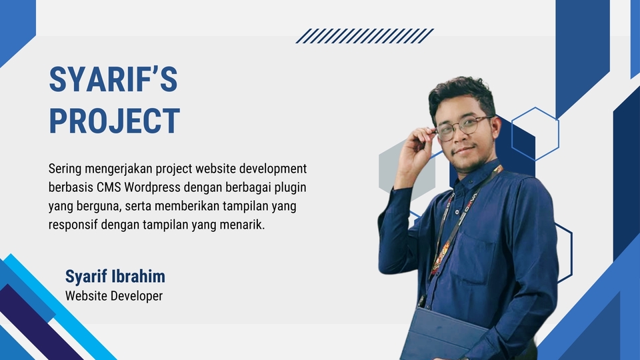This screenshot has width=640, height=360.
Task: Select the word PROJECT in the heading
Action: (114, 121)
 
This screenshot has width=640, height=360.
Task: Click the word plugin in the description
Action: (287, 187)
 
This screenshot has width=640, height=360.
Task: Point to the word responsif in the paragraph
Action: (73, 225)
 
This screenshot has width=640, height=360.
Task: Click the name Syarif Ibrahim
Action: (115, 277)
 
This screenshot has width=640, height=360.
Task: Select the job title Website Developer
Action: (113, 295)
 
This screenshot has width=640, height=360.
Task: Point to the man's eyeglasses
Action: (464, 127)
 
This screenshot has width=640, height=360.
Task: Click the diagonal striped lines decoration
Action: (365, 36)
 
